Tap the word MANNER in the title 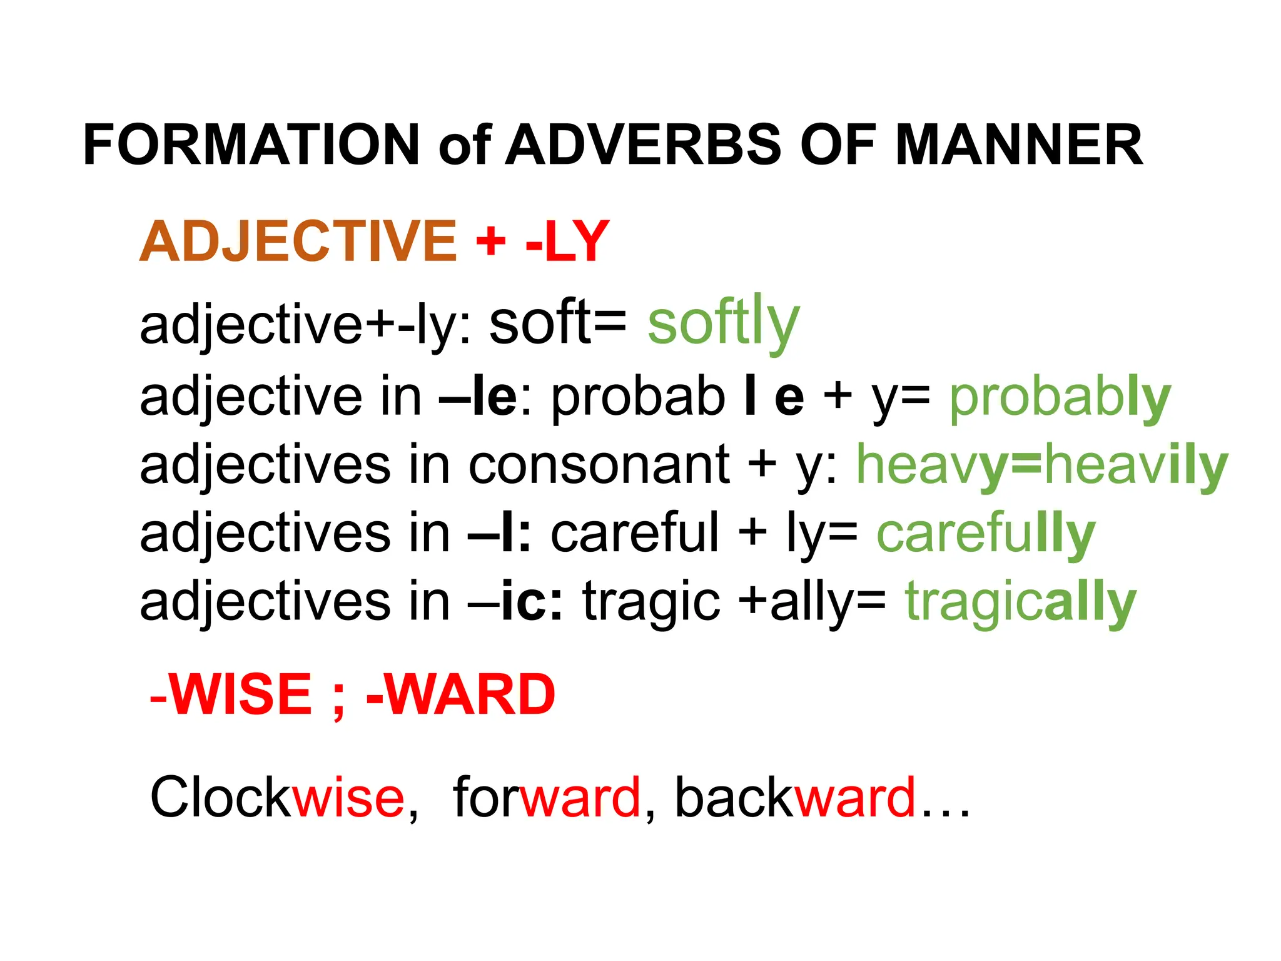coord(1019,145)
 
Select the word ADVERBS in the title coord(644,145)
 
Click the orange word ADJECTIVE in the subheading coord(298,242)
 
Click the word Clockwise coord(277,797)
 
